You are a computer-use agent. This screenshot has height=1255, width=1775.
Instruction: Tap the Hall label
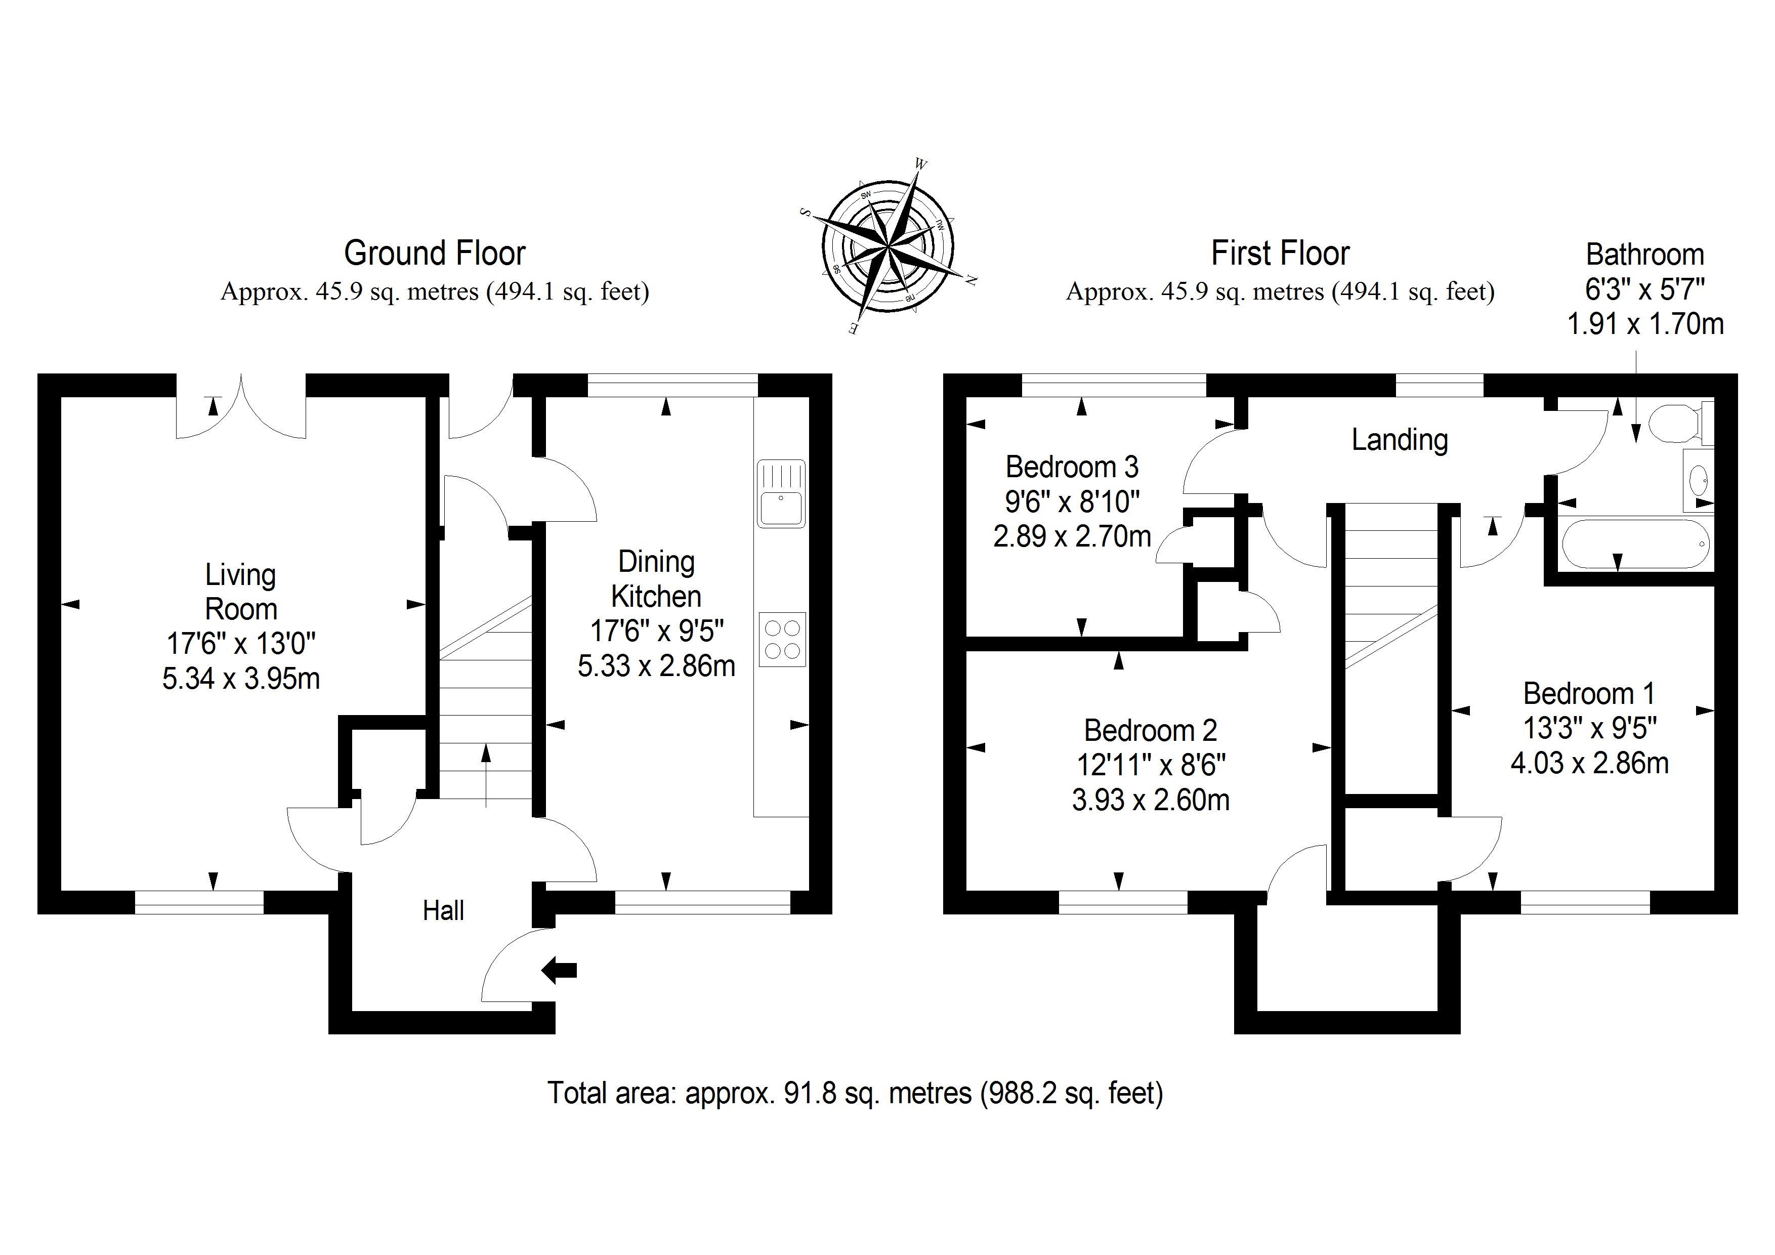443,911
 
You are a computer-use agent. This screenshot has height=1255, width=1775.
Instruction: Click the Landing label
1399,440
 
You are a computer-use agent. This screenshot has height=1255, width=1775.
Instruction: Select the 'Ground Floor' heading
435,253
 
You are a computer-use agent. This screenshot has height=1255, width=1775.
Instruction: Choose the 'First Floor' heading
1280,253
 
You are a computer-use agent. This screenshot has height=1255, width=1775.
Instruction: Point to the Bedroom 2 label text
1150,730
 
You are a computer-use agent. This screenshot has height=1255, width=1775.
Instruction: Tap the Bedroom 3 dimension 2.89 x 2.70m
1072,536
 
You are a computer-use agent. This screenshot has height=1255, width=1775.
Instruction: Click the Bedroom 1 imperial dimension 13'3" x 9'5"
1589,728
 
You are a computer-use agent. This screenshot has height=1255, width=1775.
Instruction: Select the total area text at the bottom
855,1093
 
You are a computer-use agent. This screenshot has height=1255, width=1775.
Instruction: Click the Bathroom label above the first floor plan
1645,255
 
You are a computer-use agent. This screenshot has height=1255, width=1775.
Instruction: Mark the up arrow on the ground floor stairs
486,773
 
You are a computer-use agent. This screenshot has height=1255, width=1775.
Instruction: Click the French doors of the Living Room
241,407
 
